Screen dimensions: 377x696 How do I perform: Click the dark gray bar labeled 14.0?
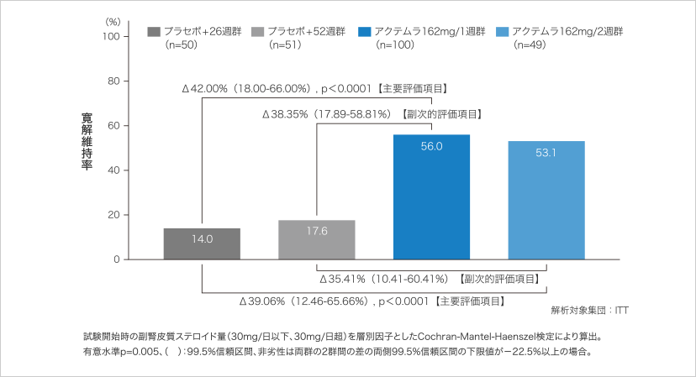(202, 243)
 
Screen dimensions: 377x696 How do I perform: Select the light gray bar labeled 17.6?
(316, 240)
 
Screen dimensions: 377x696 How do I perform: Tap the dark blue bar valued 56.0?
(431, 197)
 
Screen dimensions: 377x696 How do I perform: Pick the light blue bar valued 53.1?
(546, 201)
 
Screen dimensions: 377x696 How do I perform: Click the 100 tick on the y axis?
(111, 36)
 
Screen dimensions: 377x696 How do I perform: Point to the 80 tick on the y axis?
(113, 81)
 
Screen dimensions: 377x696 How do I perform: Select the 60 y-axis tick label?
(113, 126)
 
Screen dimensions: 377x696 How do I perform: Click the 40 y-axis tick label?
(113, 170)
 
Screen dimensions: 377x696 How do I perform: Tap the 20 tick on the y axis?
(113, 215)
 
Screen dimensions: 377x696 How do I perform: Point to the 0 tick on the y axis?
(116, 259)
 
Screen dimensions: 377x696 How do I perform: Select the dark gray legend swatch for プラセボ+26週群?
(154, 32)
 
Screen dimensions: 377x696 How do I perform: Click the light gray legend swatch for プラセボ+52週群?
(259, 32)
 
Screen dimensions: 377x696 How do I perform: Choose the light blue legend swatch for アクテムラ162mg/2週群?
(503, 32)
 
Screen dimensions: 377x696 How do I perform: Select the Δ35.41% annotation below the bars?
(429, 278)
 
